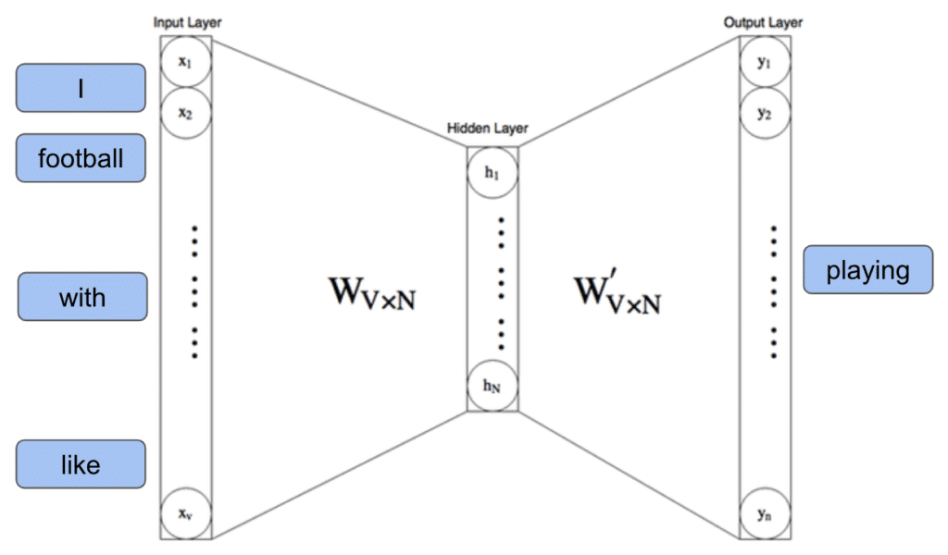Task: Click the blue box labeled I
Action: (x=81, y=88)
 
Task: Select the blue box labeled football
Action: (x=81, y=158)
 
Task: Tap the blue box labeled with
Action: (x=81, y=297)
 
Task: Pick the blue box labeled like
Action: (x=81, y=463)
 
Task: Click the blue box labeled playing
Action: (x=867, y=270)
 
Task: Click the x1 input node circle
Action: (x=186, y=63)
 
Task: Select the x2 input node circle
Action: (x=186, y=113)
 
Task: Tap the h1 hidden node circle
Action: (x=493, y=174)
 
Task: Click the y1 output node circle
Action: (x=765, y=63)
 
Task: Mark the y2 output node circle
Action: (x=765, y=113)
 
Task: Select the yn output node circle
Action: (x=765, y=512)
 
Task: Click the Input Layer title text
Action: (x=188, y=21)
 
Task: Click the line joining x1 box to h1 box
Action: (x=339, y=91)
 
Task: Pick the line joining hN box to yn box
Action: (x=630, y=475)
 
